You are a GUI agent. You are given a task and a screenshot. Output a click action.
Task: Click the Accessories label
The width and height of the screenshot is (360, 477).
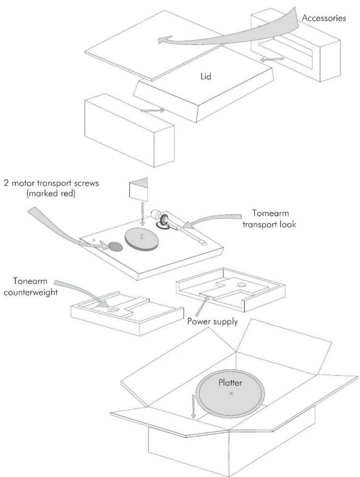point(324,18)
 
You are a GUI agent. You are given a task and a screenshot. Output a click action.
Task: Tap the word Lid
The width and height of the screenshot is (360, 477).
point(205,76)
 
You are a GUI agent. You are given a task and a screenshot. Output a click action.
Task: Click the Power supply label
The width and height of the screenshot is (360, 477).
point(213,321)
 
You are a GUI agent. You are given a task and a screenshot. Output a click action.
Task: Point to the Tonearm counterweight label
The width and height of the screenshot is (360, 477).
point(31,287)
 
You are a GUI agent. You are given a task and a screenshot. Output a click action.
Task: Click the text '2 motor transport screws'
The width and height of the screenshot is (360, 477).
point(51,183)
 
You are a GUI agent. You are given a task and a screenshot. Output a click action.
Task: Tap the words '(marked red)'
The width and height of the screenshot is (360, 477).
point(51,193)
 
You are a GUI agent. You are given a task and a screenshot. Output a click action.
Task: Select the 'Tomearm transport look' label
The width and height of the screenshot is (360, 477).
point(269,218)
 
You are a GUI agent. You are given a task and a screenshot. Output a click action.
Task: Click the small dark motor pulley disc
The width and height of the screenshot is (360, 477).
point(116,247)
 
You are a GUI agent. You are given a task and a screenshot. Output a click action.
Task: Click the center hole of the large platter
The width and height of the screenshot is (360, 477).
point(231,393)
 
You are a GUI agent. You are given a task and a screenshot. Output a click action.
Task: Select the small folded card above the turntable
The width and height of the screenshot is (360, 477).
point(138,189)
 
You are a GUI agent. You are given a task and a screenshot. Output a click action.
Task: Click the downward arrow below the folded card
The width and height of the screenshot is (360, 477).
point(142,214)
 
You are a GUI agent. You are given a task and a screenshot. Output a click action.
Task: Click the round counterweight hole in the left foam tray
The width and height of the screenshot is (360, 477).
point(113,309)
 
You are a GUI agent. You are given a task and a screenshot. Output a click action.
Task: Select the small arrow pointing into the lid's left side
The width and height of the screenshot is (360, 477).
point(153,110)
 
